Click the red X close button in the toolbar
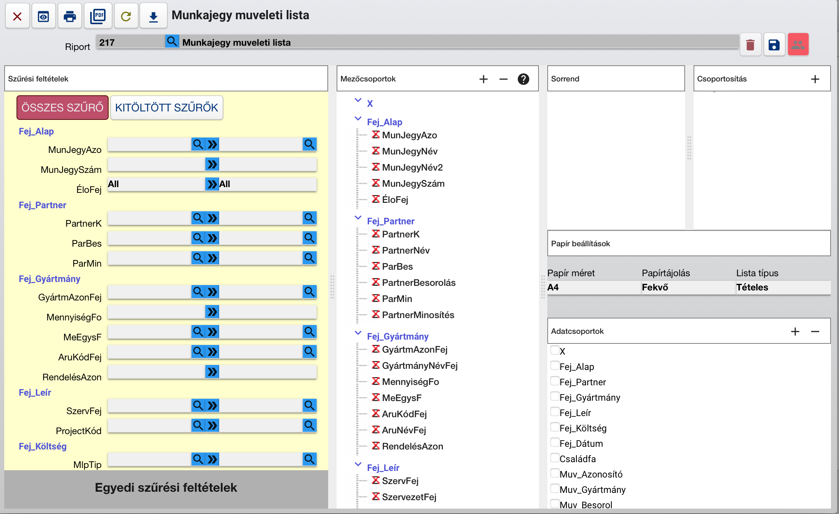[17, 16]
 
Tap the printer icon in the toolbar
[69, 16]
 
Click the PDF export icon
[98, 16]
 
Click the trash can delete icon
[750, 45]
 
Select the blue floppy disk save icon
[774, 45]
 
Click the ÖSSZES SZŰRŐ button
[63, 108]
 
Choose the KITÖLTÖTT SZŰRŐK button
[167, 108]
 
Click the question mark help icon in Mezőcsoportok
[524, 79]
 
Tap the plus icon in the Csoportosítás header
[815, 79]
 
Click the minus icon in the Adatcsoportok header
[815, 331]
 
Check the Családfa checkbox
[555, 458]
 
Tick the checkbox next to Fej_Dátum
[555, 443]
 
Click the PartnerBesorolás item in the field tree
[419, 283]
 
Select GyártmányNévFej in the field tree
[420, 366]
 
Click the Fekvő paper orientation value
[655, 287]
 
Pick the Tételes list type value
[752, 287]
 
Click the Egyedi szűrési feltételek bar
[166, 488]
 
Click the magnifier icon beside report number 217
[172, 41]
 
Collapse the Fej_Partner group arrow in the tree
[358, 217]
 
